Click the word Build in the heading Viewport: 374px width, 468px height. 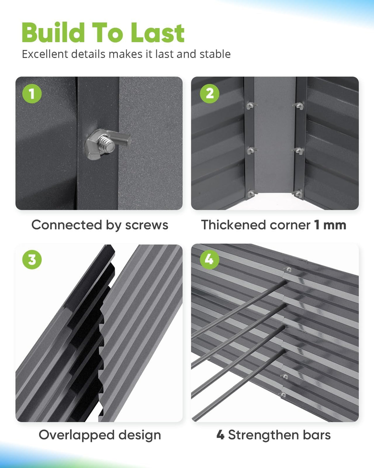click(53, 33)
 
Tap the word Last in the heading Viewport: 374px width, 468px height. click(157, 33)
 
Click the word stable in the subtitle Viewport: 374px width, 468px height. click(215, 54)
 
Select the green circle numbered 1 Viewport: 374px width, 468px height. click(32, 93)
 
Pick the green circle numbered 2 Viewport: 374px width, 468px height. click(209, 93)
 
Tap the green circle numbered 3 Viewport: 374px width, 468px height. click(32, 260)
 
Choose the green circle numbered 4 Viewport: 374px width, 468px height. click(209, 260)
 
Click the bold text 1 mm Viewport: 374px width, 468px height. click(330, 225)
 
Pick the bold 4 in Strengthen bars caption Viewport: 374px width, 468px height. click(220, 435)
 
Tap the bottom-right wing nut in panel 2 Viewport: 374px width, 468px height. click(298, 193)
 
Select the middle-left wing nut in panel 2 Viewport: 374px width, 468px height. click(251, 150)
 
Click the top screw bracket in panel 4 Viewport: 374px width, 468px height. click(288, 269)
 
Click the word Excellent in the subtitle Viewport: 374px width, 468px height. click(45, 54)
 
